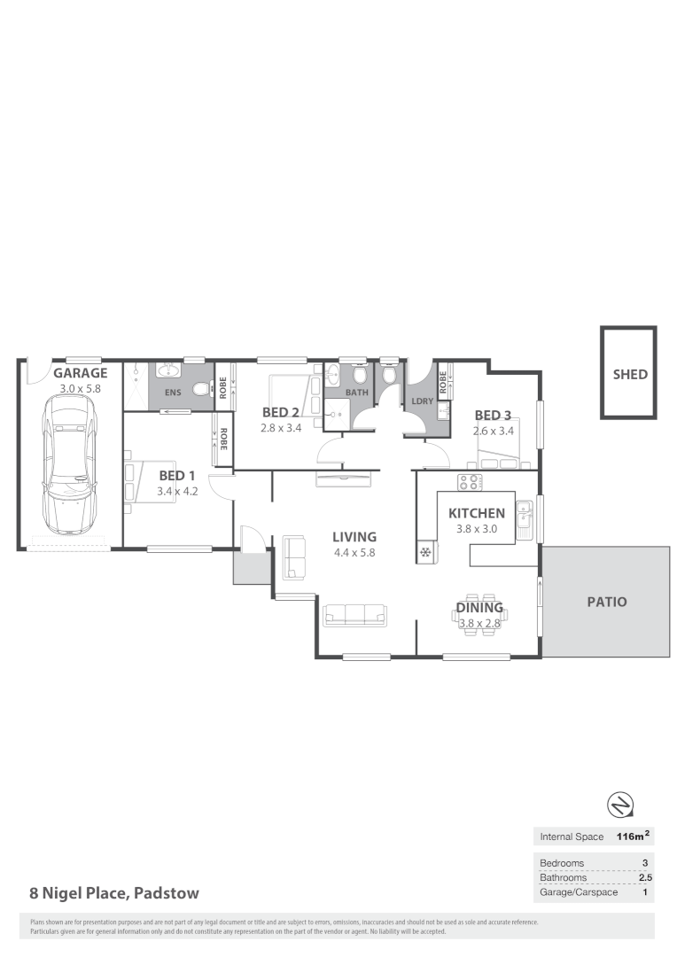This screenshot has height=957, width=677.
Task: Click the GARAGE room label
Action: pos(80,373)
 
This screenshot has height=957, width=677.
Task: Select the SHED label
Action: pos(630,374)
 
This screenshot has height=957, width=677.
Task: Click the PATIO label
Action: pos(607,602)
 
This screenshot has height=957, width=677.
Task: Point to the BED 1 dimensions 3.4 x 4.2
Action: pos(177,490)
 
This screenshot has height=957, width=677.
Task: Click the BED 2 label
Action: pos(281,412)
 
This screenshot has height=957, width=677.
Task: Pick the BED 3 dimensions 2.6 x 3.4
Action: pos(493,431)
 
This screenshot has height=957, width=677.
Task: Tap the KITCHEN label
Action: pos(477,513)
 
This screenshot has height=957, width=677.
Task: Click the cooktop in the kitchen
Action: pos(469,482)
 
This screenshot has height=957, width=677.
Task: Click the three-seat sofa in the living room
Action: pos(354,614)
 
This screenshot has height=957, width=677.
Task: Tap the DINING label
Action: pos(479,608)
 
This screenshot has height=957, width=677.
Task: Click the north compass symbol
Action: pos(619,805)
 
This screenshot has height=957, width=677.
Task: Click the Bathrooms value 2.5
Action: pos(645,877)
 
